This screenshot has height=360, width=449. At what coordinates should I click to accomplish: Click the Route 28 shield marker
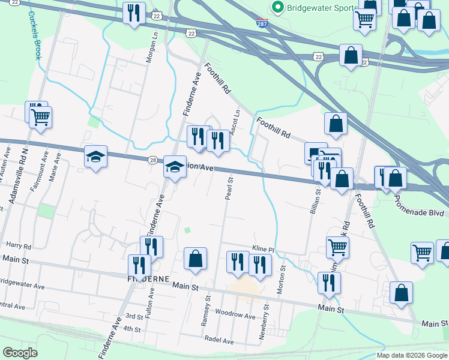153,160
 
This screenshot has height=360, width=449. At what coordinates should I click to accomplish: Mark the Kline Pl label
263,249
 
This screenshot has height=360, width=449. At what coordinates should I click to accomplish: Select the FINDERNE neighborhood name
148,280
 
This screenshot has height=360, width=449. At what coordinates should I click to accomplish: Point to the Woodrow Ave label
235,315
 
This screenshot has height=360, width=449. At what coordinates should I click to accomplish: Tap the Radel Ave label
219,340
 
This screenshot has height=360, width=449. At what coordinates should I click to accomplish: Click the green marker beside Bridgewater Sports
277,7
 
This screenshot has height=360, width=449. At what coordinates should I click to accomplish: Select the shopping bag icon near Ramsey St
195,259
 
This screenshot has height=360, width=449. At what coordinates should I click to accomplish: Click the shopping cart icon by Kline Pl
337,245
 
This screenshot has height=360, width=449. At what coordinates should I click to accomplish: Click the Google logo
20,353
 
